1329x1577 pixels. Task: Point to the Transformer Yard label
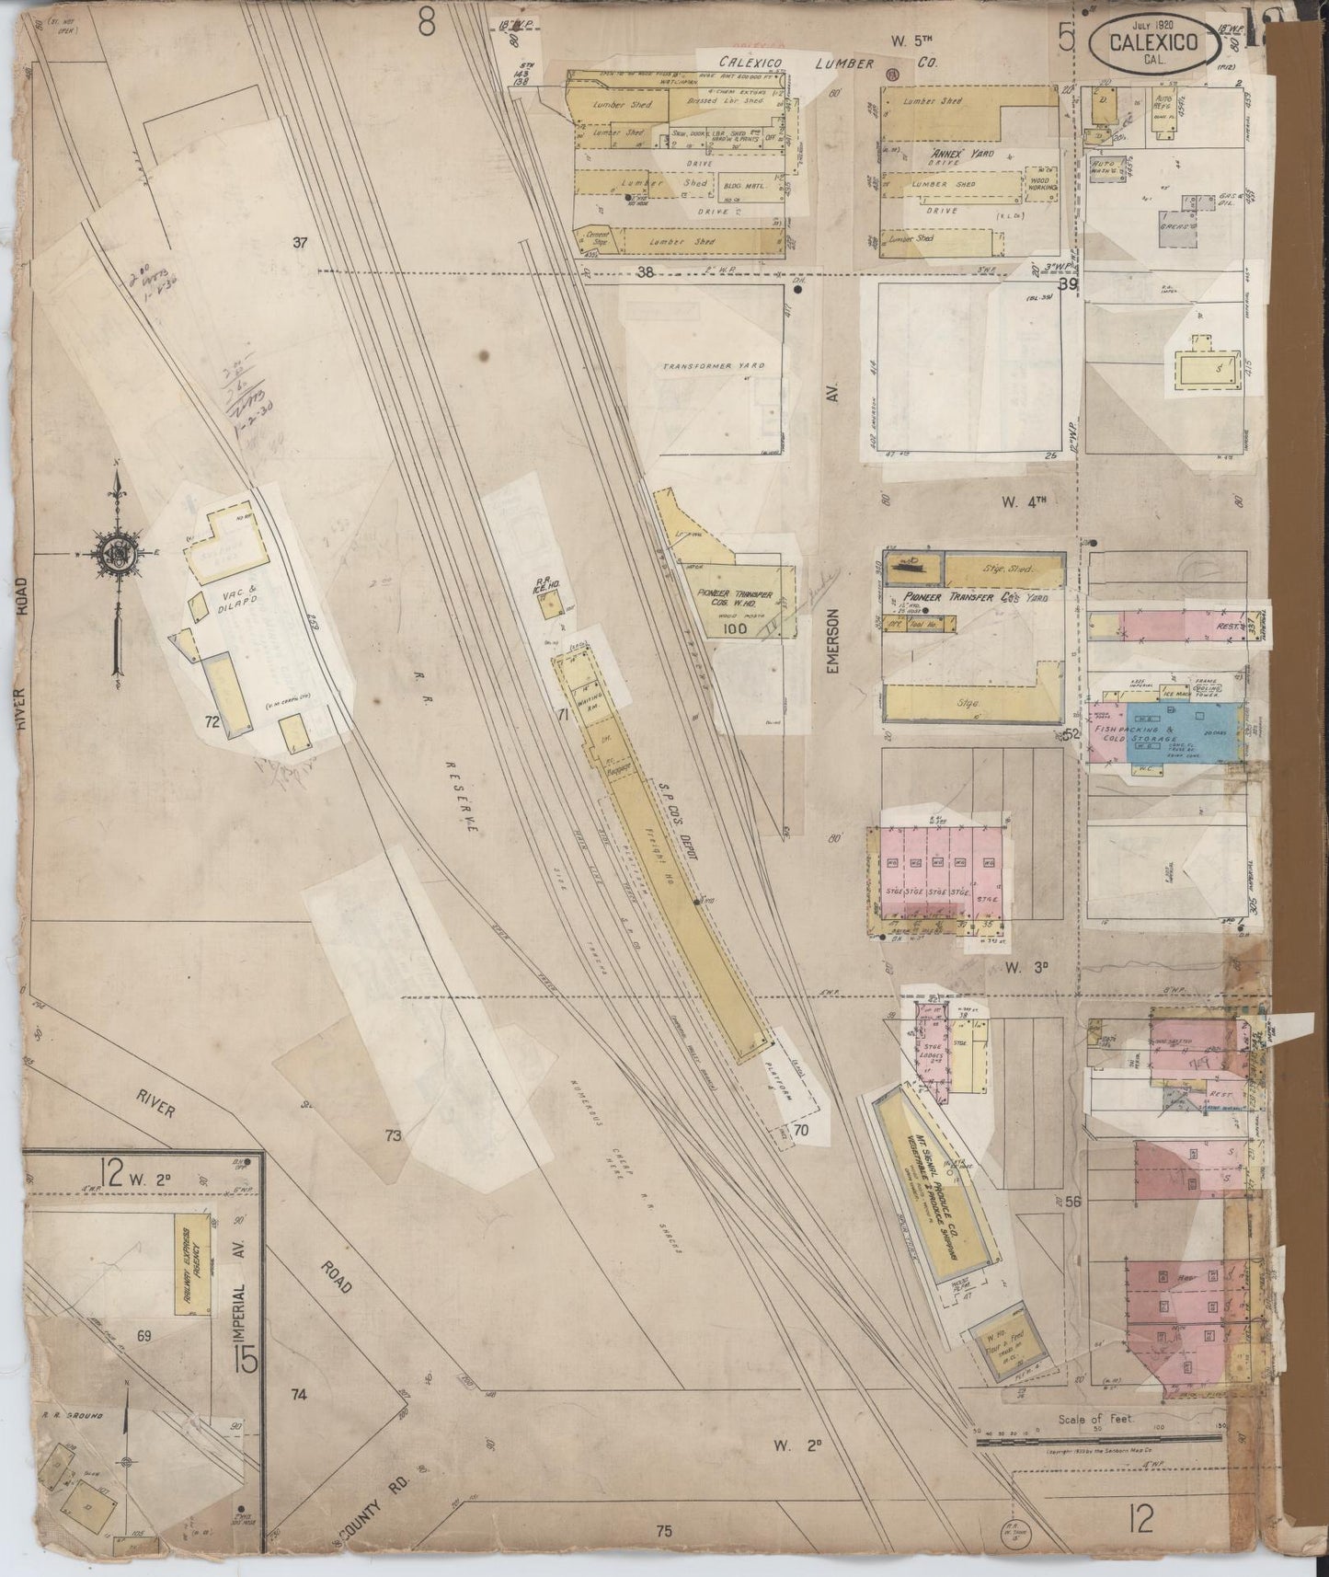(714, 366)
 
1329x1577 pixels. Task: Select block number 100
(735, 628)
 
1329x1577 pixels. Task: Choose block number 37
(298, 243)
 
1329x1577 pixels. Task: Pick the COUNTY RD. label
(375, 1502)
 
